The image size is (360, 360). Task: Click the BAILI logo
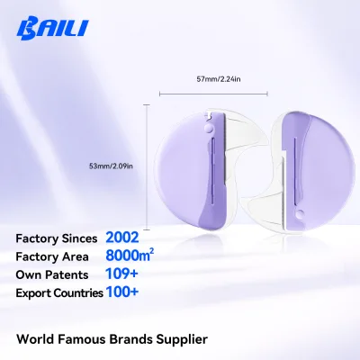[52, 30]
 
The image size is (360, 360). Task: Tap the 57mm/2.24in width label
[219, 79]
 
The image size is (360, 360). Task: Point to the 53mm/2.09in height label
[111, 166]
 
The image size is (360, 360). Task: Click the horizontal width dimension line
[213, 94]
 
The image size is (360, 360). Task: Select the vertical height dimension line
[147, 167]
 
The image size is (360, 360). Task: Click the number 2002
[122, 238]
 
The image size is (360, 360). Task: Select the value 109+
[121, 274]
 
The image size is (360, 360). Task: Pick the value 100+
[122, 292]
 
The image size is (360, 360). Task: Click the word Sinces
[79, 238]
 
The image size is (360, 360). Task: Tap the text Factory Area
[52, 257]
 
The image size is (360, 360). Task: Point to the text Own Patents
[52, 275]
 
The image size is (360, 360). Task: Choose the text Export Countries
[59, 293]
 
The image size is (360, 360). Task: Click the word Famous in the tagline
[82, 339]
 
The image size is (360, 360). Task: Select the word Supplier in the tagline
[182, 339]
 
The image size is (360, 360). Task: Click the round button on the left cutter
[208, 129]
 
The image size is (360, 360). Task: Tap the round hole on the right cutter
[299, 214]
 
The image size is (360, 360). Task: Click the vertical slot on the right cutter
[295, 171]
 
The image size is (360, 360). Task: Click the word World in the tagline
[35, 339]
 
